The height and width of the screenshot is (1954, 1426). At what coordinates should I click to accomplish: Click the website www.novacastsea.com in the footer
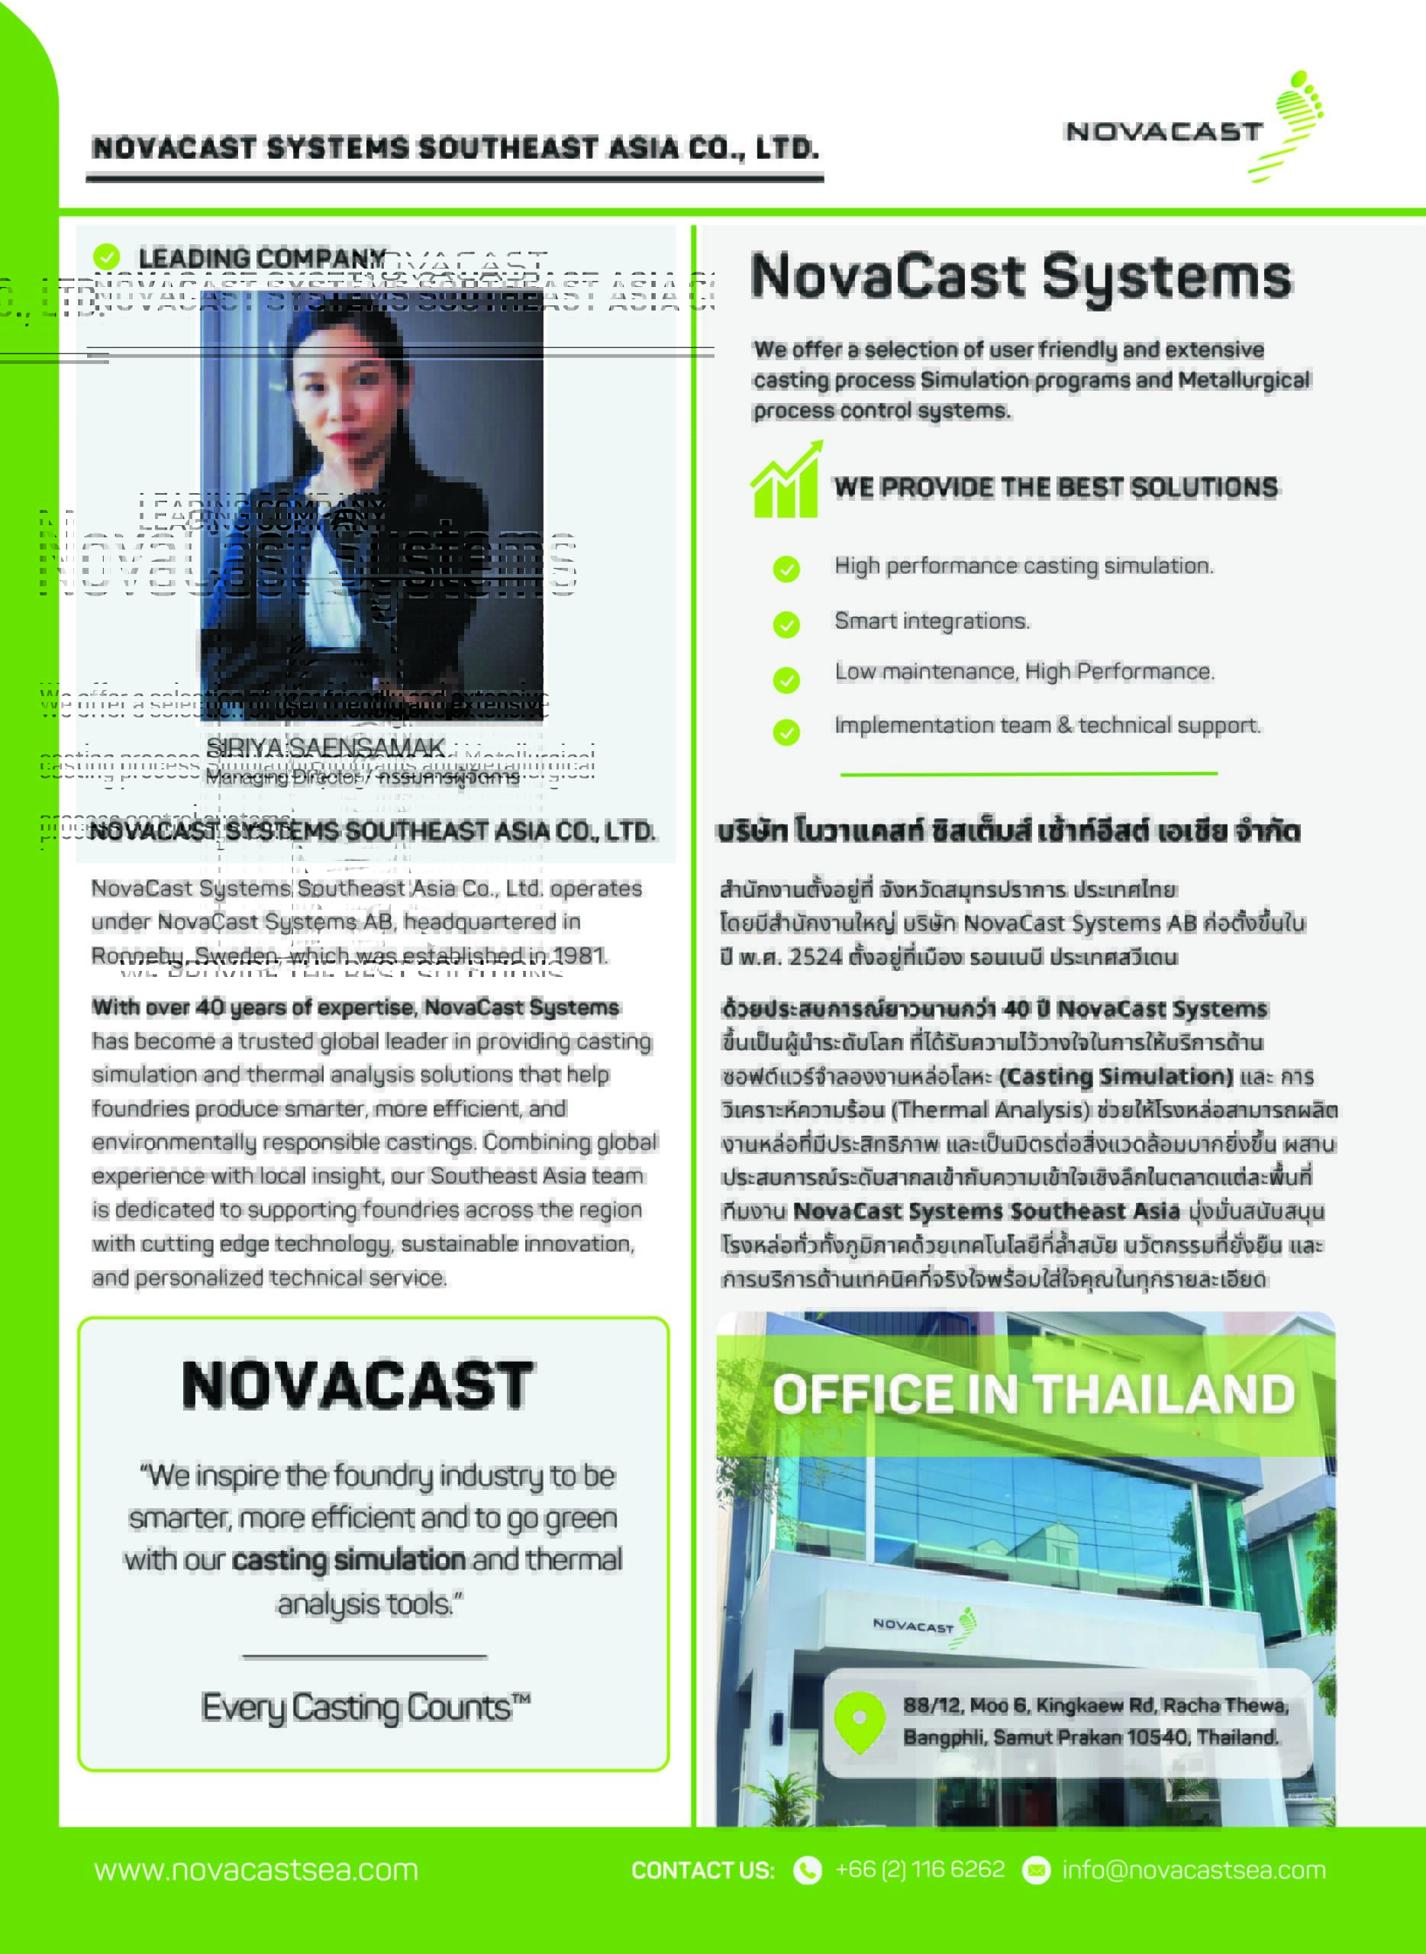[x=256, y=1869]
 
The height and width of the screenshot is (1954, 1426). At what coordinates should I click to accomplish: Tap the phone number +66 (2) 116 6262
[x=920, y=1869]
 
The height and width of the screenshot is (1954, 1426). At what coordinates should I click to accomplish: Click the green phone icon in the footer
[x=808, y=1870]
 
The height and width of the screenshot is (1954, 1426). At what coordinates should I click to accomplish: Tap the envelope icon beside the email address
[x=1036, y=1870]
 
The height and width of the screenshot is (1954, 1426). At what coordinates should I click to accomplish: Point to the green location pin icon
[x=860, y=1721]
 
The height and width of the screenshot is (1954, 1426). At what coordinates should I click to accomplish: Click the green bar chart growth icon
[x=786, y=481]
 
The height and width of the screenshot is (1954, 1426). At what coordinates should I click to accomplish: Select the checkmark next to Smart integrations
[x=786, y=624]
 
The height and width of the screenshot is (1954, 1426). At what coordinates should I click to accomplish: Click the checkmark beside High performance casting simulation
[x=786, y=569]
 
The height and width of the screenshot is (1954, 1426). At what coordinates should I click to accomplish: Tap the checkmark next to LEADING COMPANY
[x=106, y=256]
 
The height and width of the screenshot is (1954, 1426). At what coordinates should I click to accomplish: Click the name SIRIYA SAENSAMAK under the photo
[x=325, y=746]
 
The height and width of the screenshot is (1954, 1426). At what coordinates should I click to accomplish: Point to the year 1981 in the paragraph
[x=580, y=956]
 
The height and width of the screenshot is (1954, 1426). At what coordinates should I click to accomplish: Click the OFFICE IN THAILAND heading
[x=1034, y=1394]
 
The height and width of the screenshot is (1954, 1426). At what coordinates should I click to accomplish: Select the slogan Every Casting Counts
[x=365, y=1707]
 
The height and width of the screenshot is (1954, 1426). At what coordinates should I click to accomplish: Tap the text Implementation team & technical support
[x=1047, y=725]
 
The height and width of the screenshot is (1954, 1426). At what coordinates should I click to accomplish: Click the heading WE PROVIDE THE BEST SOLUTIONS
[x=1055, y=487]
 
